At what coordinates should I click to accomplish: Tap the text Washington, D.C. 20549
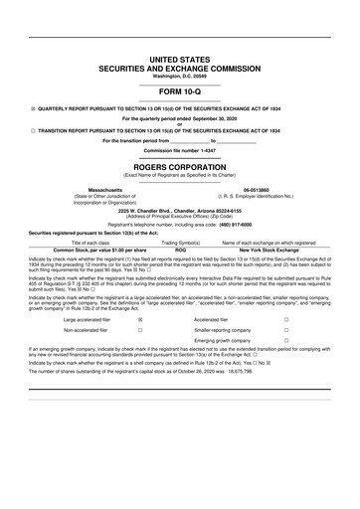click(x=180, y=77)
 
